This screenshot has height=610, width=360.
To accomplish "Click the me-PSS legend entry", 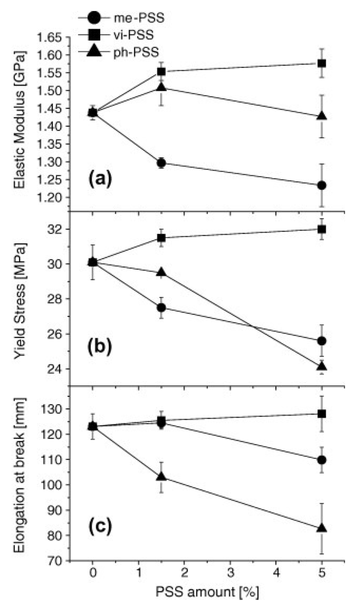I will coord(139,18).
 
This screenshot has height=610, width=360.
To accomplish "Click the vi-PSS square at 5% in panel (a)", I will coord(321,63).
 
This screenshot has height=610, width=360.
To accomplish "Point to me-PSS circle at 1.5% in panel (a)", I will coord(161,163).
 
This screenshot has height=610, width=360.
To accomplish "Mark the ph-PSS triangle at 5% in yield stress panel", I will coord(321,367).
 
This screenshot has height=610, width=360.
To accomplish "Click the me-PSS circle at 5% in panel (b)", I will coord(321,341).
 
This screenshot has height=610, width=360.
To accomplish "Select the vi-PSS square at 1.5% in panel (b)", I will coord(161,238).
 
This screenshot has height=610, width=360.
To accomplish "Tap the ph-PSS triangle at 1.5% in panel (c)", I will coord(161,477).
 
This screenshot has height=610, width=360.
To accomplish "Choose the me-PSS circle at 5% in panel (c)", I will coord(321,460).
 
